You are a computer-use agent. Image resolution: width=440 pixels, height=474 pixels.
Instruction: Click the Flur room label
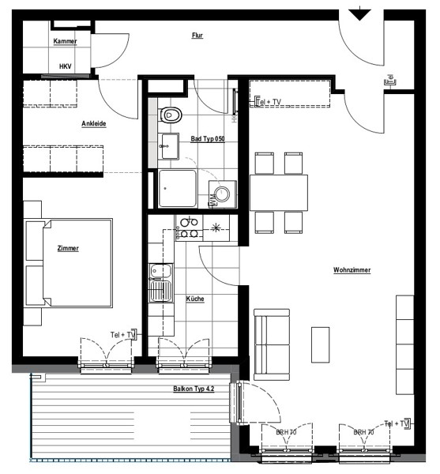point(197,36)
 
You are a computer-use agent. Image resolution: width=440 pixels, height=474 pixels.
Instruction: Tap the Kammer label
point(65,41)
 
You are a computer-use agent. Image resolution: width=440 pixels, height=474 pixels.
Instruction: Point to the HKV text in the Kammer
point(66,66)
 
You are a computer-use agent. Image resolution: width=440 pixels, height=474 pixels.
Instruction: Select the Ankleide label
point(94,124)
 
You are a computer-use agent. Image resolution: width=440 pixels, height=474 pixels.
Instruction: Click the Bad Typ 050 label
point(208,139)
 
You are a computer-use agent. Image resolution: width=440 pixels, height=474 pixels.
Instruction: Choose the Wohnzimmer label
point(352,270)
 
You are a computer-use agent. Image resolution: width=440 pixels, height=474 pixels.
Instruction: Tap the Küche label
point(195,299)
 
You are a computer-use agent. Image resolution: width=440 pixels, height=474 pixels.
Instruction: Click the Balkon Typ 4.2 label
point(194,389)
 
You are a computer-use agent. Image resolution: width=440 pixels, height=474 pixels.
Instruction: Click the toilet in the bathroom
point(170,115)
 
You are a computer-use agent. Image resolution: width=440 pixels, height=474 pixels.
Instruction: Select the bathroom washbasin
point(168,146)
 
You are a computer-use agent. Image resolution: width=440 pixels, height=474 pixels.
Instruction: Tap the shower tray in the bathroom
point(178,188)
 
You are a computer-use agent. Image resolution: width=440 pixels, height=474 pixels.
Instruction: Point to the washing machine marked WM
point(223,194)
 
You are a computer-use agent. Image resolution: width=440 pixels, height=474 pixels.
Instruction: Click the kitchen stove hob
point(189,228)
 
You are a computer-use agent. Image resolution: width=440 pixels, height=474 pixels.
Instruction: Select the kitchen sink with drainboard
point(161,283)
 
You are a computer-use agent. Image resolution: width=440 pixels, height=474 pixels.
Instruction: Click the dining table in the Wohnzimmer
point(279,193)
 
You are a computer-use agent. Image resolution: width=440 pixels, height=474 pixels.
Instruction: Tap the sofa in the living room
point(272,344)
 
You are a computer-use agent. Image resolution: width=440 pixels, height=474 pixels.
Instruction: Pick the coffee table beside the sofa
point(321,344)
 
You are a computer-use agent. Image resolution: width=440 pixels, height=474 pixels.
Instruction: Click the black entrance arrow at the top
point(359,14)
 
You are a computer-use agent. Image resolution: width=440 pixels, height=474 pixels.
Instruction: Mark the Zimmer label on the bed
point(68,249)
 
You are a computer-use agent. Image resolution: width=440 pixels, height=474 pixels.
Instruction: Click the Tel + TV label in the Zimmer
point(122,335)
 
